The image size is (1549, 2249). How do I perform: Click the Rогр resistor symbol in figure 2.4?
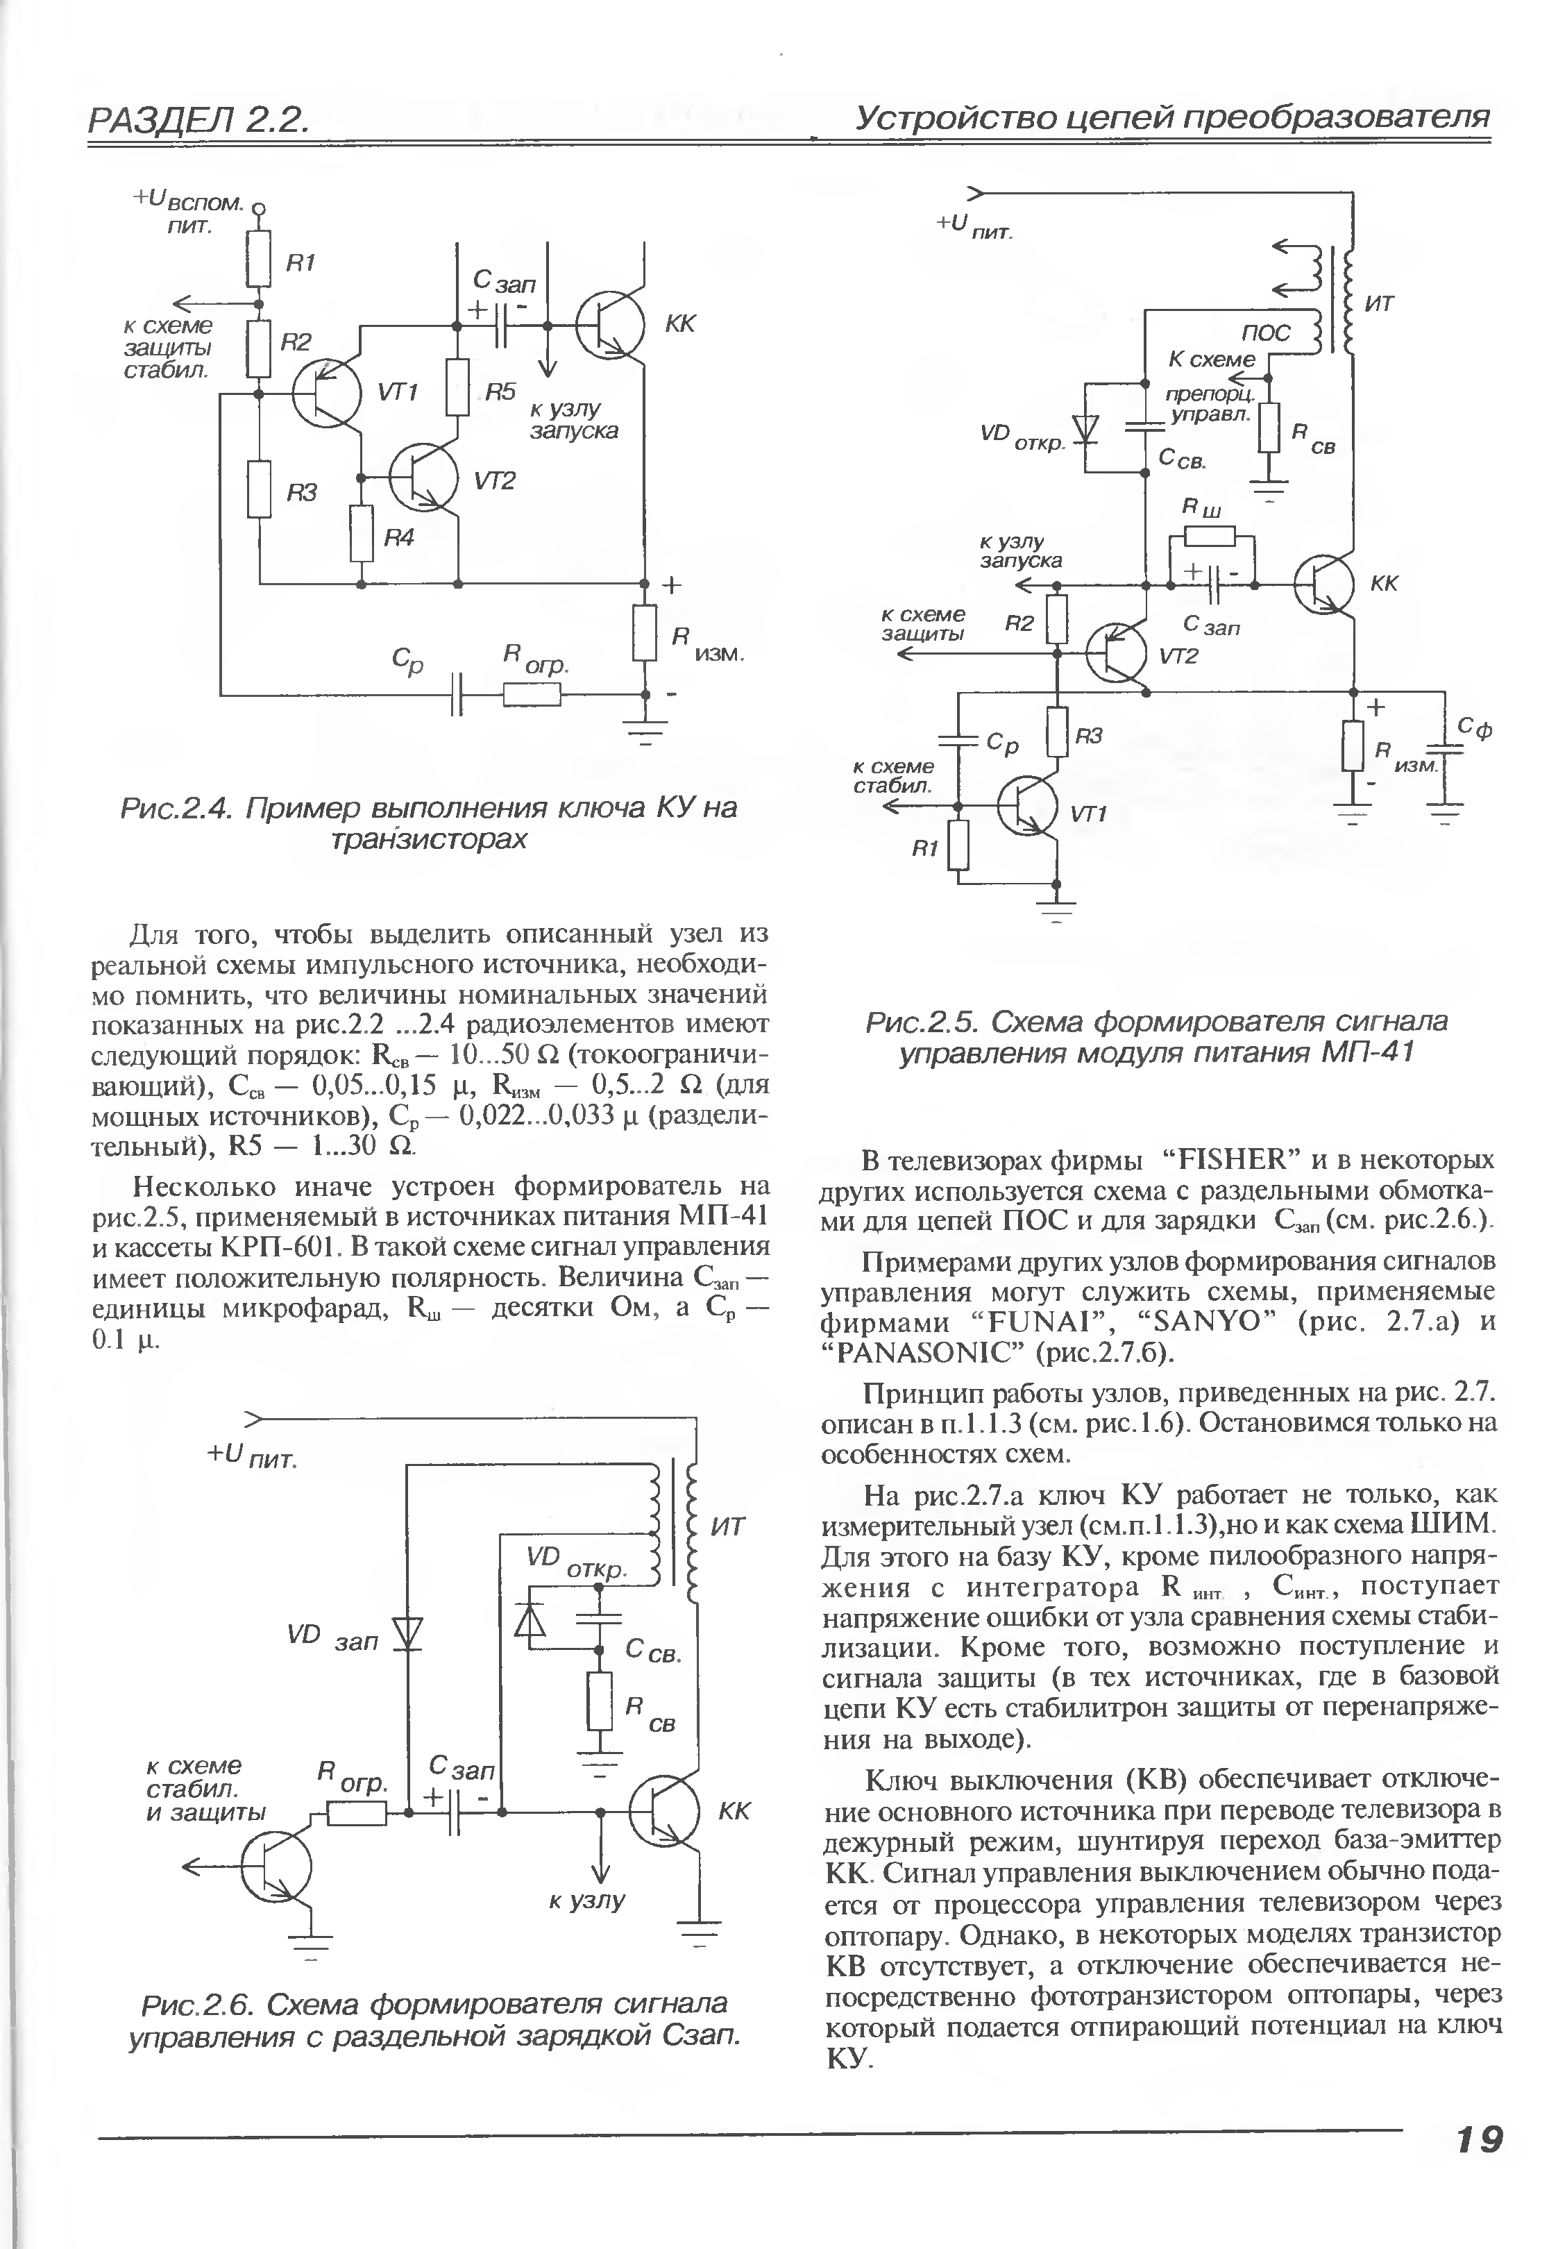click(x=532, y=695)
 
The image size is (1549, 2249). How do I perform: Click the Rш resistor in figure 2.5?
click(x=1210, y=536)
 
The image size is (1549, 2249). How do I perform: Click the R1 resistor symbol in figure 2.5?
click(x=959, y=845)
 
